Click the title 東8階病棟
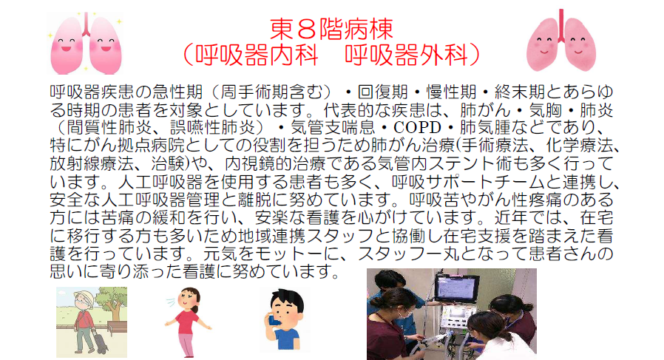(331, 29)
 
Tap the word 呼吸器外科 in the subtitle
(407, 55)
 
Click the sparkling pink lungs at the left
(86, 43)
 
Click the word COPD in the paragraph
(417, 127)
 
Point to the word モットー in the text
(281, 254)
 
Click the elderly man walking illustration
(85, 321)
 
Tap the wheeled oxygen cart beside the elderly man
(101, 341)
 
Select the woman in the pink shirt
(188, 322)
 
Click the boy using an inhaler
(285, 320)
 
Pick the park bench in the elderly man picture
(117, 328)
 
